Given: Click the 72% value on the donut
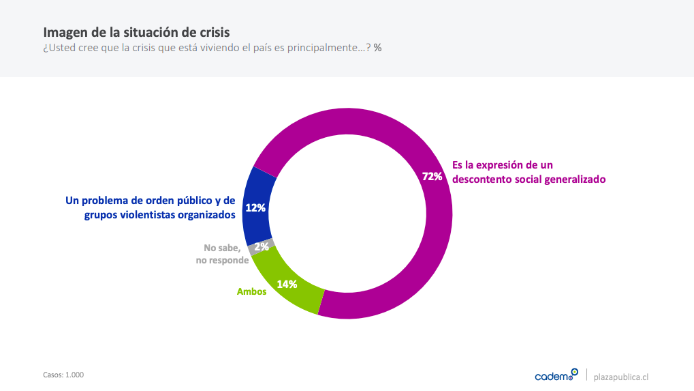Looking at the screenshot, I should click(432, 177).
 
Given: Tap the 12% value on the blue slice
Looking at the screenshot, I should click(255, 208).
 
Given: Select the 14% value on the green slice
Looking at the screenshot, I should click(287, 285).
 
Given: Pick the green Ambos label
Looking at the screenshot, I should click(251, 291).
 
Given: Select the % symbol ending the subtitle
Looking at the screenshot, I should click(377, 48).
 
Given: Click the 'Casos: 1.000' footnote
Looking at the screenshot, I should click(63, 375).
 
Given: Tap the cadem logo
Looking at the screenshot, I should click(556, 375).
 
